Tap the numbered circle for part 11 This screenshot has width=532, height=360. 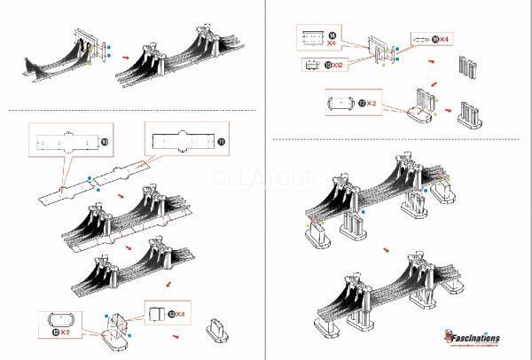221,141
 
